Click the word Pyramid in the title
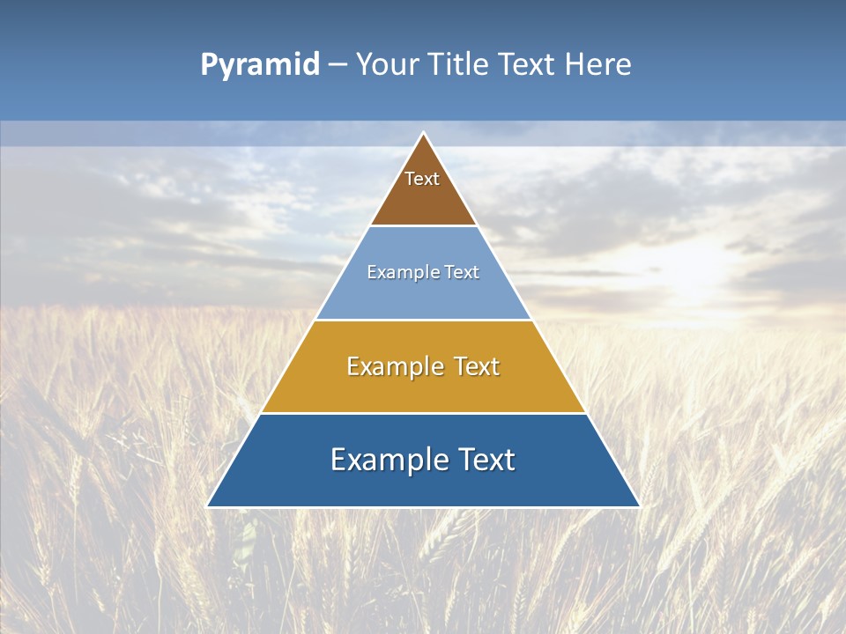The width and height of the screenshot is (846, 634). (260, 65)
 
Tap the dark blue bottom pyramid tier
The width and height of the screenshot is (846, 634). (423, 484)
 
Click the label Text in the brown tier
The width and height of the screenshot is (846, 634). (422, 179)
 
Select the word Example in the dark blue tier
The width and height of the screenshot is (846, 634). (384, 460)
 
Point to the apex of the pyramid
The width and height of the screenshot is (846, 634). (424, 134)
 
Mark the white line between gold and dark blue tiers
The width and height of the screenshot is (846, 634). (423, 413)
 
